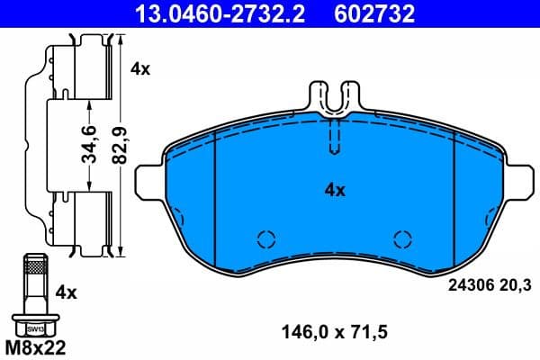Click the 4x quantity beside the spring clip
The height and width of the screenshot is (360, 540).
[x=140, y=67]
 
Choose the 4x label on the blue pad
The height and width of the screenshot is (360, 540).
[x=335, y=190]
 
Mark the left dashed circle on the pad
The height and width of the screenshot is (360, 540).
[x=265, y=239]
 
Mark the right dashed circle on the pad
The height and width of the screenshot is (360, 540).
[x=402, y=239]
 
